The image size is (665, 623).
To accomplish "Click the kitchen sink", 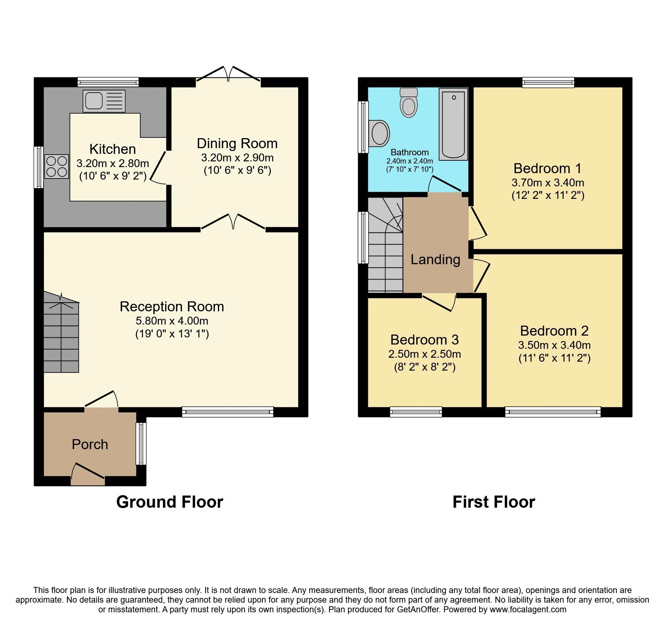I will pyautogui.click(x=104, y=101).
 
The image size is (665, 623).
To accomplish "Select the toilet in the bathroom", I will pyautogui.click(x=409, y=103).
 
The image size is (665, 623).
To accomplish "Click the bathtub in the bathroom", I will pyautogui.click(x=453, y=124).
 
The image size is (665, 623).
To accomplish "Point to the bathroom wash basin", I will pyautogui.click(x=380, y=134).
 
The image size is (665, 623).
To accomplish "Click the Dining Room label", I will pyautogui.click(x=237, y=144).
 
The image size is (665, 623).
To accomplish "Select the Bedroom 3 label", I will pyautogui.click(x=424, y=340).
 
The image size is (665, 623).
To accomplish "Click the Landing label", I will pyautogui.click(x=435, y=260).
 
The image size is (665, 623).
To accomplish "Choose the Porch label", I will pyautogui.click(x=90, y=444).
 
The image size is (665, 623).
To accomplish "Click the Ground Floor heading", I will pyautogui.click(x=169, y=502).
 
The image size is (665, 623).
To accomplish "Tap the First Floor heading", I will pyautogui.click(x=493, y=502).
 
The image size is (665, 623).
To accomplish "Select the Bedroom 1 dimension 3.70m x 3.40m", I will pyautogui.click(x=548, y=183).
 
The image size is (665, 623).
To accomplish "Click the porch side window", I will pyautogui.click(x=141, y=444).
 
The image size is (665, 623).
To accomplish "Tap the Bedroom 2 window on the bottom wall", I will pyautogui.click(x=553, y=412).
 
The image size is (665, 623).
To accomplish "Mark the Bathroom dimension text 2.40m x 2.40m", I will pyautogui.click(x=409, y=161).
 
